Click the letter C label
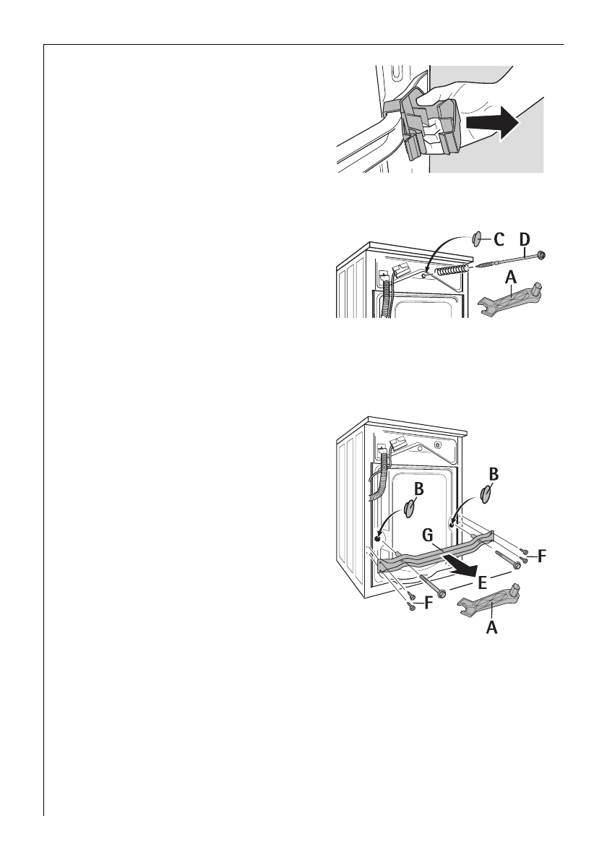[x=498, y=239]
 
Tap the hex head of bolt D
[x=541, y=254]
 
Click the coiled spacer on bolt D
[x=453, y=269]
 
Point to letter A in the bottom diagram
[x=491, y=628]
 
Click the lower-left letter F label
[x=428, y=602]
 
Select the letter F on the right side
[x=542, y=556]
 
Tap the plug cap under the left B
[x=409, y=511]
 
